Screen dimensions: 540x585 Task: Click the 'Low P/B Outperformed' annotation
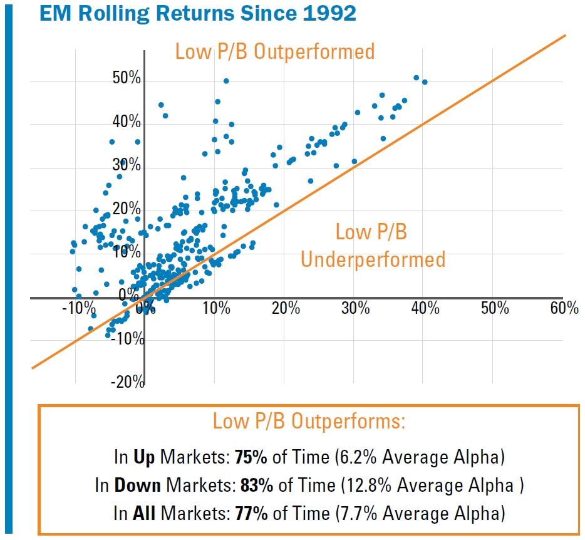[x=274, y=51]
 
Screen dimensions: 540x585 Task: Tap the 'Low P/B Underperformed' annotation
[x=373, y=246]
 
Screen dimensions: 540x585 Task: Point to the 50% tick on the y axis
[x=127, y=79]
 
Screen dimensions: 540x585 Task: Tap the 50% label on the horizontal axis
[x=494, y=308]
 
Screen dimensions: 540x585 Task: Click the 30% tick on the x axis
[x=355, y=308]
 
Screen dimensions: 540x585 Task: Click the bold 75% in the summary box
[x=251, y=457]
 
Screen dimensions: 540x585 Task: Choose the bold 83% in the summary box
[x=256, y=485]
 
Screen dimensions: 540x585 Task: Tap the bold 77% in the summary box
[x=251, y=514]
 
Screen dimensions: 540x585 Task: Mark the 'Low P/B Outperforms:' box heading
[x=309, y=421]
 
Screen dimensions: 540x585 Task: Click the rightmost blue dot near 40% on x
[x=425, y=82]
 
